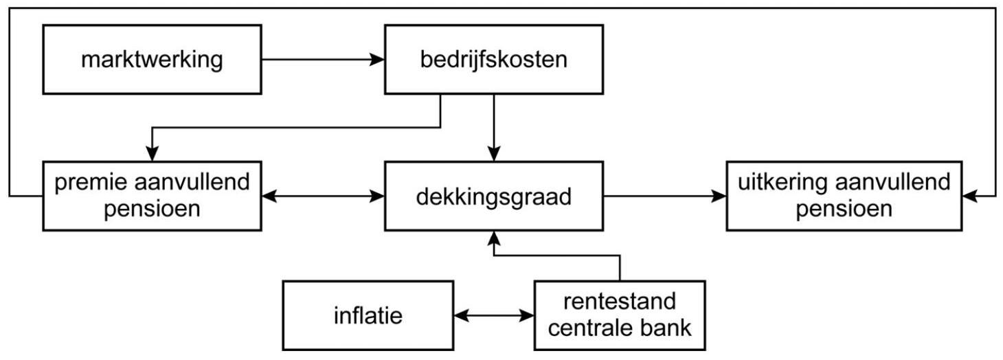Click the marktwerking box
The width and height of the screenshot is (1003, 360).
pyautogui.click(x=152, y=59)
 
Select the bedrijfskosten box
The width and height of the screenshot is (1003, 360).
pyautogui.click(x=493, y=59)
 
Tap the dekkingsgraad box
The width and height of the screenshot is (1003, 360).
pyautogui.click(x=493, y=196)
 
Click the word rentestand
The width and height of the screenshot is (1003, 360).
pyautogui.click(x=619, y=301)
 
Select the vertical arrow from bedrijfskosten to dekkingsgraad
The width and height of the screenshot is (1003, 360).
pyautogui.click(x=493, y=127)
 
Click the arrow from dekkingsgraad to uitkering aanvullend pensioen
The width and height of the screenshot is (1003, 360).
pyautogui.click(x=664, y=196)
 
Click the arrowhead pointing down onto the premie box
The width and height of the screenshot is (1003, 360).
pyautogui.click(x=152, y=155)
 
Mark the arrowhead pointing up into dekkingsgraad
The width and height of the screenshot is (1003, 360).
pyautogui.click(x=493, y=238)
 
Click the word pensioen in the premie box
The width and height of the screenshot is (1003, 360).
pyautogui.click(x=152, y=208)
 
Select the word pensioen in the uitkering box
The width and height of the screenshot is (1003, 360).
pyautogui.click(x=844, y=208)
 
